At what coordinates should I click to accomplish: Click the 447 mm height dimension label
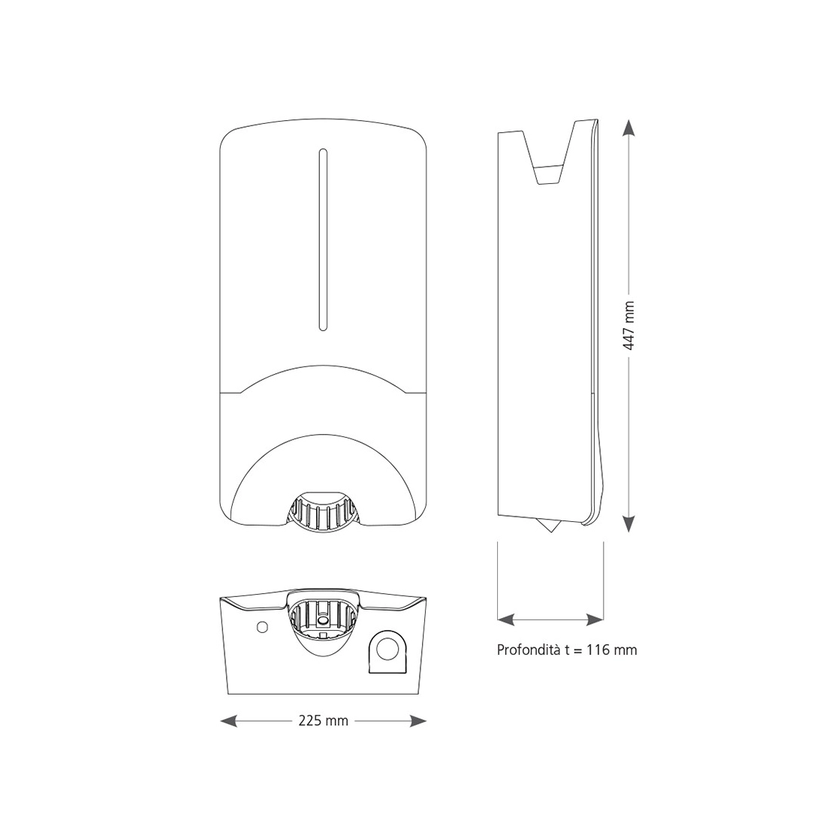(629, 326)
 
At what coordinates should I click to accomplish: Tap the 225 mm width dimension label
(324, 721)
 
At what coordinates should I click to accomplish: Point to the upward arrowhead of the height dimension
(629, 128)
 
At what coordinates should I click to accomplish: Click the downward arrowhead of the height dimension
(629, 523)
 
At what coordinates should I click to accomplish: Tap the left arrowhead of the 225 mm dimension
(228, 721)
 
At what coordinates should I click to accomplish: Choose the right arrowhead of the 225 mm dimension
(418, 721)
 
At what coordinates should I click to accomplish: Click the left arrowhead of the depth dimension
(507, 619)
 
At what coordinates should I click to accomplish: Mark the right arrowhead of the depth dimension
(595, 619)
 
